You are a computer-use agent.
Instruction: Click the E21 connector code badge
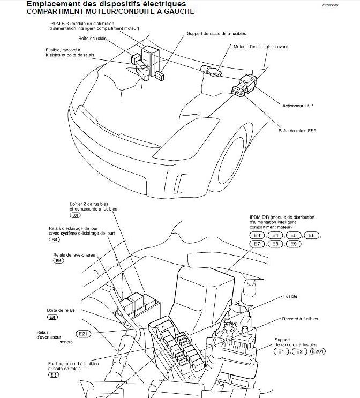(x=84, y=334)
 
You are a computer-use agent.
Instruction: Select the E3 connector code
(x=257, y=236)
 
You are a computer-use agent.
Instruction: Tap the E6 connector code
(x=312, y=236)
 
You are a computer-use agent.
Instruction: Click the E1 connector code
(x=281, y=351)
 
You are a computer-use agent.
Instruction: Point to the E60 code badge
(x=76, y=215)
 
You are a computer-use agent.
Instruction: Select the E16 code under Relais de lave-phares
(x=58, y=261)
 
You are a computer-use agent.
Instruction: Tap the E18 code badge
(x=54, y=375)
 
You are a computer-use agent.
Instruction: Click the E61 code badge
(x=52, y=317)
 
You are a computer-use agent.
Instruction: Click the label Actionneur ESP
(x=297, y=106)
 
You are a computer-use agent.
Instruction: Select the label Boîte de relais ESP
(x=297, y=131)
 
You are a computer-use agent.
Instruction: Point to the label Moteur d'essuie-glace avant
(x=261, y=47)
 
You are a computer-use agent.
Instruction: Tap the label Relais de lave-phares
(x=74, y=254)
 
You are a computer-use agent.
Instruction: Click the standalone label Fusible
(x=290, y=296)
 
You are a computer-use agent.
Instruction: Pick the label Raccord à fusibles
(x=300, y=319)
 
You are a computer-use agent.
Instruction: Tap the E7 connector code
(x=257, y=244)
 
